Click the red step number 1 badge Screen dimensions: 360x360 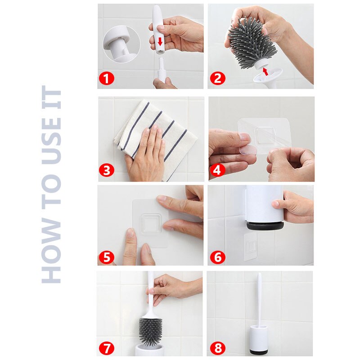pos(107,79)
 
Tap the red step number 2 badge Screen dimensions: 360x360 pos(218,78)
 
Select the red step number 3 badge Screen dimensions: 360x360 pos(107,171)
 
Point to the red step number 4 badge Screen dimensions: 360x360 pos(217,170)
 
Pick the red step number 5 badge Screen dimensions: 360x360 pos(107,257)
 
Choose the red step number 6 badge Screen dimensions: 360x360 pos(218,257)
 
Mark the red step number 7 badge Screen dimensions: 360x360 pos(107,348)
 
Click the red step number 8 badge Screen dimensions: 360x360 pos(218,348)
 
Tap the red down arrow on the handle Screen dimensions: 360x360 pos(160,41)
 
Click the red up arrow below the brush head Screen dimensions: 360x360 pos(265,72)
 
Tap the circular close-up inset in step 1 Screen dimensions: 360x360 pos(121,44)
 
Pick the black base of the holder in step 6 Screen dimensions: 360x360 pos(265,226)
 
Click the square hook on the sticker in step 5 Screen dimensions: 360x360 pos(151,223)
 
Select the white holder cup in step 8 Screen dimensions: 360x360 pos(259,339)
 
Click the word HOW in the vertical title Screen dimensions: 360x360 pos(51,250)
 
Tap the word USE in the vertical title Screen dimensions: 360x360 pos(51,140)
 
